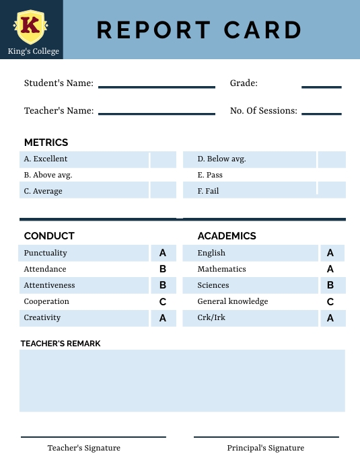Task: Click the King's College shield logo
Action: click(x=30, y=26)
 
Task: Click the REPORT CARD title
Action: click(x=199, y=30)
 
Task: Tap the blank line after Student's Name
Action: click(x=156, y=87)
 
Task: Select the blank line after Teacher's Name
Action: click(x=156, y=114)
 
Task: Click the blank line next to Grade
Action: click(x=321, y=87)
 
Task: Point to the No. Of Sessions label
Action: click(x=263, y=111)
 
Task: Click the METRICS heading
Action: click(x=46, y=143)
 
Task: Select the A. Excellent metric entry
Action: click(x=46, y=159)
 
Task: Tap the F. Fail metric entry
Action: click(x=208, y=191)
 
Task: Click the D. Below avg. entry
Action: click(x=221, y=159)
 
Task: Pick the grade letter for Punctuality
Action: click(x=163, y=254)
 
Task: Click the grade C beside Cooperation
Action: click(x=163, y=302)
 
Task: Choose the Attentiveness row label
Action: click(x=49, y=285)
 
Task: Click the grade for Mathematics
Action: click(x=330, y=269)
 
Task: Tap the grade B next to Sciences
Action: click(x=330, y=285)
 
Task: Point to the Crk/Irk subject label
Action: click(x=211, y=317)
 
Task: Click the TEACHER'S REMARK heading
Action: click(x=61, y=344)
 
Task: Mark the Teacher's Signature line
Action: click(x=93, y=437)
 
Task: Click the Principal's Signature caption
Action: click(x=265, y=448)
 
